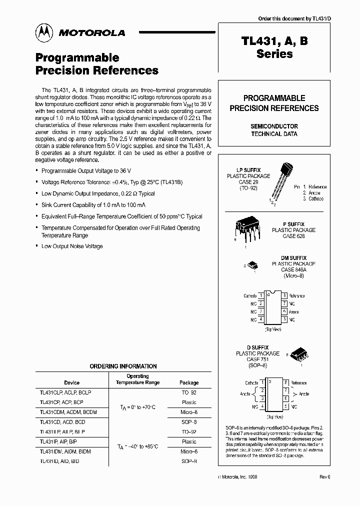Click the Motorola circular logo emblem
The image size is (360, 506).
[x=43, y=32]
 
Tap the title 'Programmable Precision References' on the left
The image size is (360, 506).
[x=97, y=64]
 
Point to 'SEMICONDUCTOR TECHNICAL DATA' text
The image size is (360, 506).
[x=274, y=130]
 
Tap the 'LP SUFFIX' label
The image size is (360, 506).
[x=248, y=170]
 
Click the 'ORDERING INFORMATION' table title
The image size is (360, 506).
[x=123, y=366]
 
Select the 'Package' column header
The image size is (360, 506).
[x=189, y=382]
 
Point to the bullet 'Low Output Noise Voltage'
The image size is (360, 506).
[x=72, y=246]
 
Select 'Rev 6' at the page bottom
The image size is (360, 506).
[x=325, y=477]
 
